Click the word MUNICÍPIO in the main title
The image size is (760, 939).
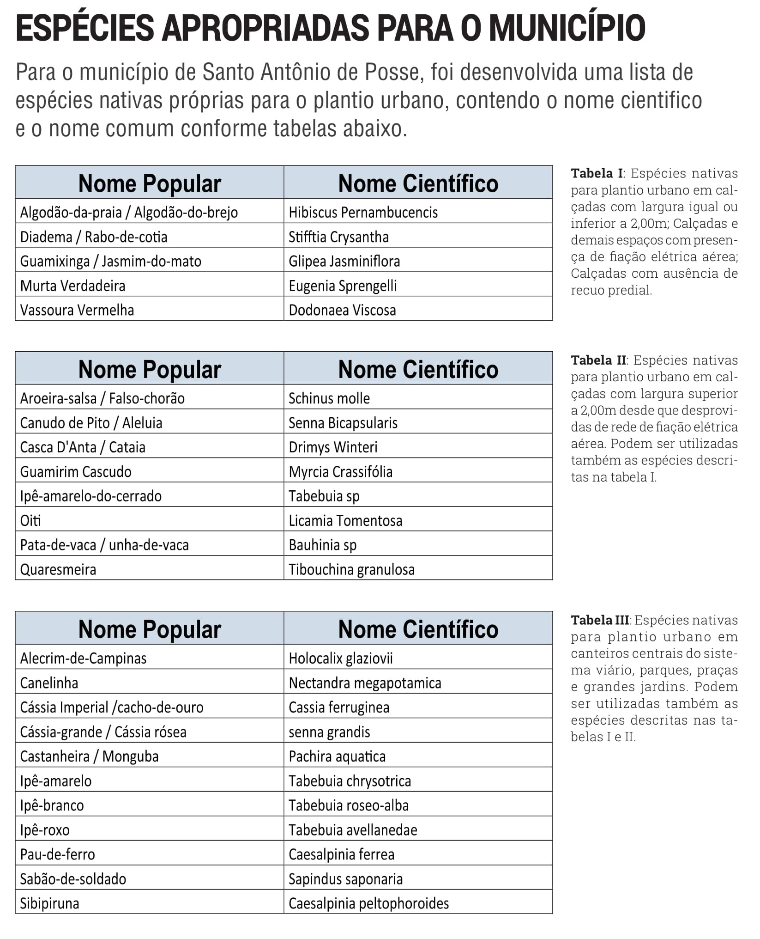pos(567,29)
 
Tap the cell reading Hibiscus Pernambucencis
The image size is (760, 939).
pos(363,212)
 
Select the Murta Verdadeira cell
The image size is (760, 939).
pos(72,286)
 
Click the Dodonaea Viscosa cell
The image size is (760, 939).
pos(342,310)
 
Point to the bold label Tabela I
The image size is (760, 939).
pos(597,173)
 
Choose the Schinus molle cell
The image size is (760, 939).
pos(329,398)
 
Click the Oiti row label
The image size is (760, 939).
pos(30,521)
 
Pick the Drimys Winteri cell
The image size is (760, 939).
pos(333,447)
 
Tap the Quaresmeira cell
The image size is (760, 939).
pos(58,569)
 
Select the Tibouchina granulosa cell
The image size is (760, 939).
pos(351,569)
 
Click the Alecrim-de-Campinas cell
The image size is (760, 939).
pos(83,658)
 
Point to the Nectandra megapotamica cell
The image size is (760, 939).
pos(365,683)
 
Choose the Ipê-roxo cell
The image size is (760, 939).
pos(45,830)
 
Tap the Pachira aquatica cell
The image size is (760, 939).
pos(337,756)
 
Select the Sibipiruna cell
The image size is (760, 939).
pos(49,903)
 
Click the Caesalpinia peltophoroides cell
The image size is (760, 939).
pos(368,903)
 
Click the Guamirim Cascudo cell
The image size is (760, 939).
pos(76,472)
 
